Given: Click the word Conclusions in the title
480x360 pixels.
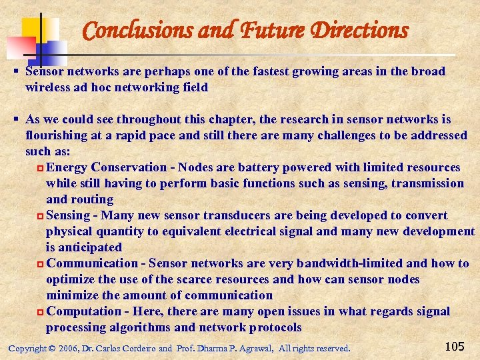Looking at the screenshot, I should click(137, 30).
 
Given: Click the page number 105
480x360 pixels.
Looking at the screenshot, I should click(454, 347).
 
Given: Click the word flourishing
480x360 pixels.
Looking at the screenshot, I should click(54, 135).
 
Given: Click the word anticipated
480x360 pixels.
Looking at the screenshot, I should click(87, 247).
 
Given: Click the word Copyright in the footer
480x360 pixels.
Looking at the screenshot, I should click(27, 349).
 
